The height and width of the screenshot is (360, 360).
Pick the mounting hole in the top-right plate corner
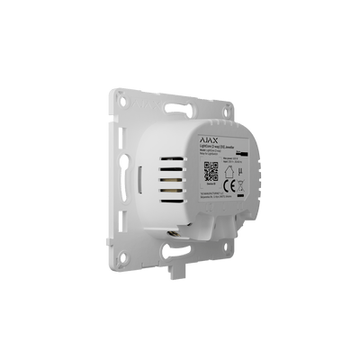(x=249, y=111)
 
